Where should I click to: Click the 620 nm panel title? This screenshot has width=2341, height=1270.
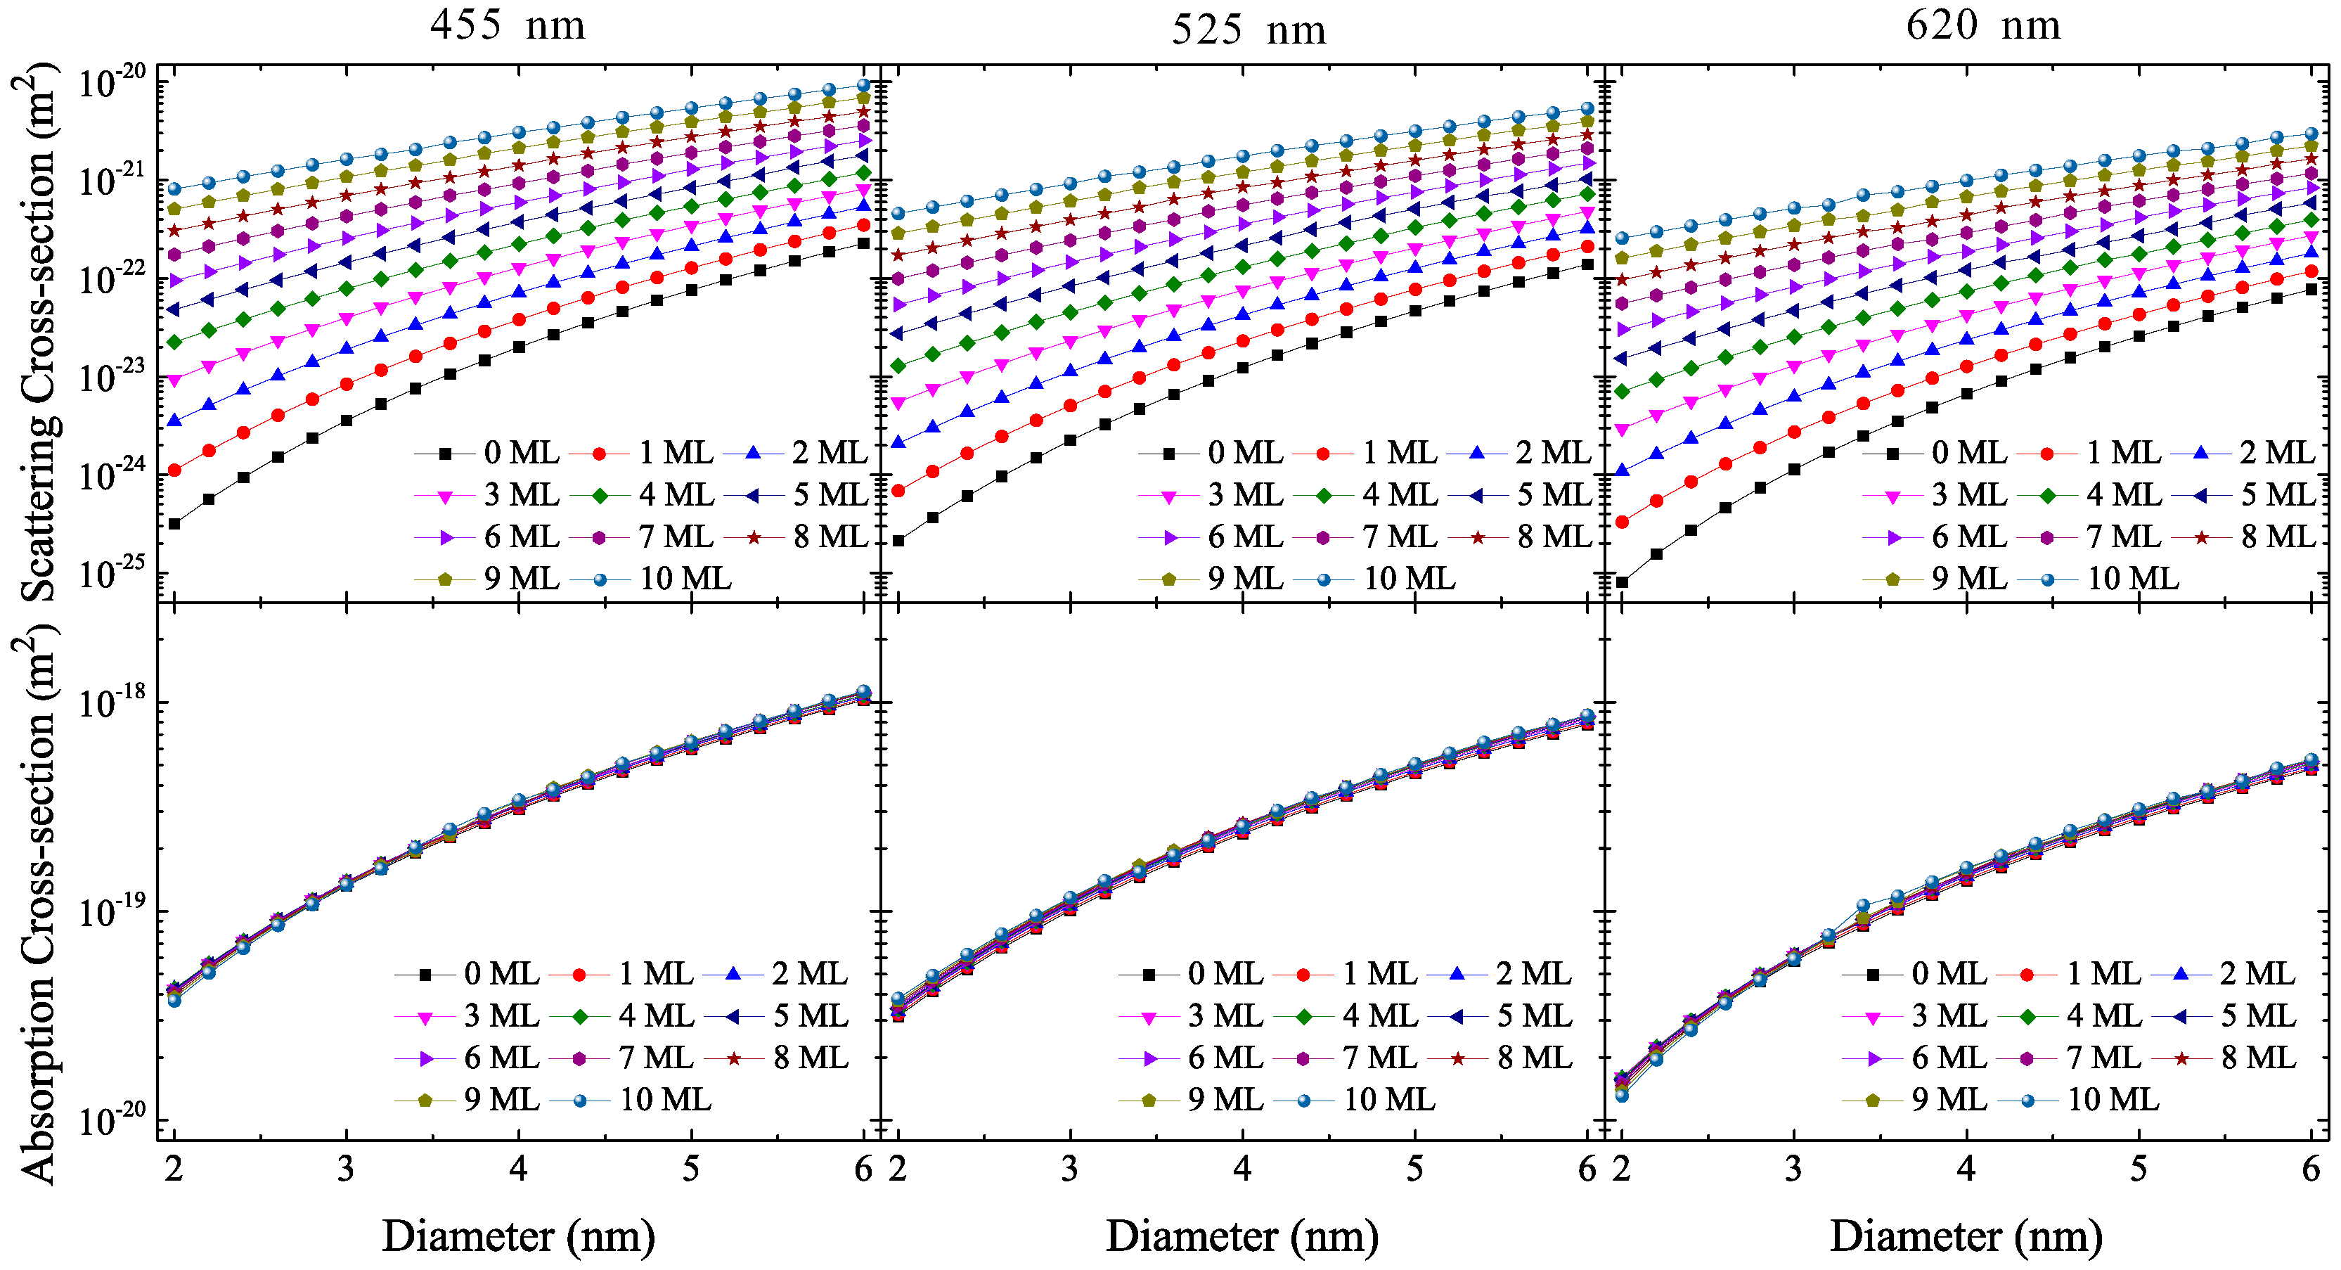click(x=1983, y=25)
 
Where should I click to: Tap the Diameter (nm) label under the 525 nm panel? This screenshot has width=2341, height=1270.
click(x=1242, y=1236)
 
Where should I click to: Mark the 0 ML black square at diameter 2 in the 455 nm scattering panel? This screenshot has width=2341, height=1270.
click(x=174, y=524)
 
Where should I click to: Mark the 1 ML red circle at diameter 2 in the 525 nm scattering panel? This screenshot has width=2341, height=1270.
click(x=898, y=491)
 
